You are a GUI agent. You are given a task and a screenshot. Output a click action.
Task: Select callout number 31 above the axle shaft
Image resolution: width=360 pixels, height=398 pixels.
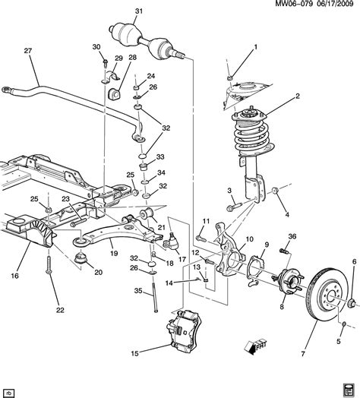(x=138, y=11)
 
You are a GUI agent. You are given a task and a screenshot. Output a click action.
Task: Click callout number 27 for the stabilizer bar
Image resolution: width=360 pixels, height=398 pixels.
(x=28, y=52)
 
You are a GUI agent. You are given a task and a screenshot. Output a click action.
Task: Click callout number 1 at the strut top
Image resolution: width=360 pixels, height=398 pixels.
(x=255, y=47)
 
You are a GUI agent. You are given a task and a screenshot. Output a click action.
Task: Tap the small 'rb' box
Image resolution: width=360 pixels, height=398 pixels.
(x=10, y=391)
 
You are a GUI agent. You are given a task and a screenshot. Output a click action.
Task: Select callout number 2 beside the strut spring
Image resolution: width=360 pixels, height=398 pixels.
(x=298, y=96)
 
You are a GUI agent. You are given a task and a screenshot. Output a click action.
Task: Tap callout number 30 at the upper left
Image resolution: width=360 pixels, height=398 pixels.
(x=96, y=47)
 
